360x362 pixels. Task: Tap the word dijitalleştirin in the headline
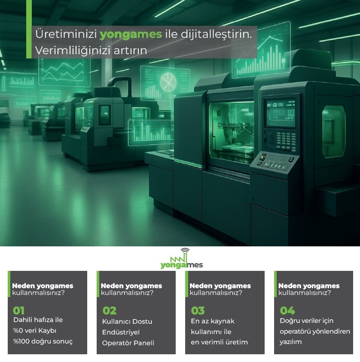click(216, 34)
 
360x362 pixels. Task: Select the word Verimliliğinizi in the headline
click(73, 51)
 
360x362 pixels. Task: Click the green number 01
click(18, 310)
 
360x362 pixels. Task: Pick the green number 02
click(109, 310)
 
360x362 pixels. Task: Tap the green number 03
click(198, 310)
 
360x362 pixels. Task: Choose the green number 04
click(287, 310)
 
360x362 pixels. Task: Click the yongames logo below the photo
click(182, 259)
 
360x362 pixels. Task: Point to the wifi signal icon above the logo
click(185, 250)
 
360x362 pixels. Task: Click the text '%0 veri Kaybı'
click(35, 331)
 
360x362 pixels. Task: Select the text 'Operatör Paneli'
click(128, 343)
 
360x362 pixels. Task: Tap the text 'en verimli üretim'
click(220, 342)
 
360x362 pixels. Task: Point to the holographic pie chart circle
click(168, 82)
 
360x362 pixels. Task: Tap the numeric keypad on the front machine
click(286, 141)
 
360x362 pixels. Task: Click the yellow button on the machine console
click(262, 158)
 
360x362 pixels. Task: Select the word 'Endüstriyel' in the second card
click(121, 332)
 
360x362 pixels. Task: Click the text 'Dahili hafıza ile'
click(38, 320)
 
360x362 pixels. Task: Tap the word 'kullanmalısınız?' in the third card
click(216, 293)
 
